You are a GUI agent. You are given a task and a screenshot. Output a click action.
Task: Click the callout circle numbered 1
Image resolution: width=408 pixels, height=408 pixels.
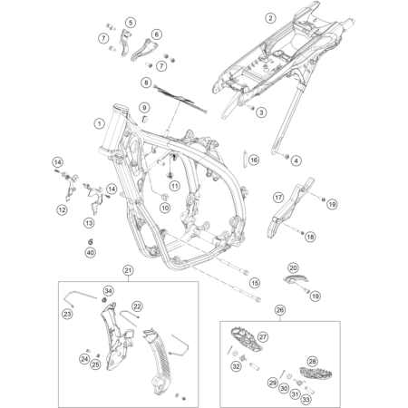(x=99, y=123)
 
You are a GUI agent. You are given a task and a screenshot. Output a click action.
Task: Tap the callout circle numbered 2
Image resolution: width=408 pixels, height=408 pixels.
(x=270, y=18)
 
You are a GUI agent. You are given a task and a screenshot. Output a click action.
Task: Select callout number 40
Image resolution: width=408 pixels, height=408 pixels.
(x=90, y=252)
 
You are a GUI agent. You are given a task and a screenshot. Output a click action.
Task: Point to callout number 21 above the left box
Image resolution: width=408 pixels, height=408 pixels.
(x=128, y=270)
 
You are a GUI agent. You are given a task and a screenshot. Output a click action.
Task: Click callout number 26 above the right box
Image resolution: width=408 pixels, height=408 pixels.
(x=280, y=310)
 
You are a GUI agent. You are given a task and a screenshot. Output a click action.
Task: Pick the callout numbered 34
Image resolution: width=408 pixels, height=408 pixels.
(x=108, y=291)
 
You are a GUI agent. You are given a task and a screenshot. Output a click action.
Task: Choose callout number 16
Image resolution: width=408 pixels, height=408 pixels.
(x=254, y=160)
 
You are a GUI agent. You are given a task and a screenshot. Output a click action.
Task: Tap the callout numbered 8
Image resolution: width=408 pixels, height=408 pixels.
(x=146, y=83)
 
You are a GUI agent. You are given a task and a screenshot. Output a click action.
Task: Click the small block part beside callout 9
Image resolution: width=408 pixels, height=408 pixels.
(x=145, y=118)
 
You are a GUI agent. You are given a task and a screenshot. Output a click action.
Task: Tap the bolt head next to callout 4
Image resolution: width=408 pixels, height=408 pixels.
(x=286, y=156)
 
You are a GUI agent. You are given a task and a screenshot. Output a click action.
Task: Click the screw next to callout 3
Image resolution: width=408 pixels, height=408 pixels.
(x=251, y=107)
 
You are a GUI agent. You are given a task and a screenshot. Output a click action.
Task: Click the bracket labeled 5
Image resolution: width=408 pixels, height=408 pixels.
(x=126, y=43)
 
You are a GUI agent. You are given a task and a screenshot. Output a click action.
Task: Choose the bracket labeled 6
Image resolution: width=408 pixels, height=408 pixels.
(x=144, y=50)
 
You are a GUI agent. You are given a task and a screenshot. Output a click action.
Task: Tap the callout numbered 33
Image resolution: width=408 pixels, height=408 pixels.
(x=306, y=400)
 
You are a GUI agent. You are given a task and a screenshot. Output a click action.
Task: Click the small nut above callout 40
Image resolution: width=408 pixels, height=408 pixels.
(x=90, y=241)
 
